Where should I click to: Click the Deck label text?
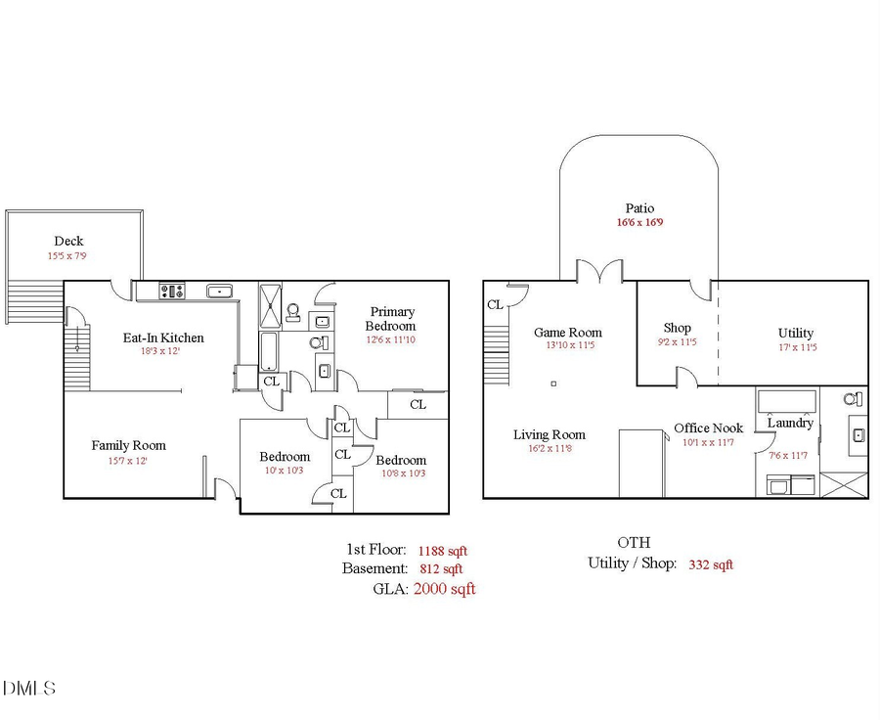(x=68, y=241)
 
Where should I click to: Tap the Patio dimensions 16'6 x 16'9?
(x=640, y=223)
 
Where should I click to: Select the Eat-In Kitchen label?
(x=163, y=337)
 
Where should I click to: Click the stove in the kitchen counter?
(x=173, y=291)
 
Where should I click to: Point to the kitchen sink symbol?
(x=219, y=291)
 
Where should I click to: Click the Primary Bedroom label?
(x=391, y=319)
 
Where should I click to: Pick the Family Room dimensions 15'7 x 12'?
(x=128, y=461)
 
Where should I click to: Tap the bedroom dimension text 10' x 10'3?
(x=285, y=472)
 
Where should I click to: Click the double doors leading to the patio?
(x=598, y=272)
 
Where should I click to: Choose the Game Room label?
(x=568, y=333)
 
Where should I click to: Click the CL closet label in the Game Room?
(x=496, y=304)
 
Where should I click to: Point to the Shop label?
(x=677, y=329)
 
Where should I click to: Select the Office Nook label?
(x=708, y=428)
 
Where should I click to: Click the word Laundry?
(x=790, y=424)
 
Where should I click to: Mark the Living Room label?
(x=550, y=435)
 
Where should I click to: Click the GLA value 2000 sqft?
(x=445, y=589)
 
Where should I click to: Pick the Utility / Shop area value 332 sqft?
(x=711, y=564)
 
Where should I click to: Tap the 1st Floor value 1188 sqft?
(x=443, y=551)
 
